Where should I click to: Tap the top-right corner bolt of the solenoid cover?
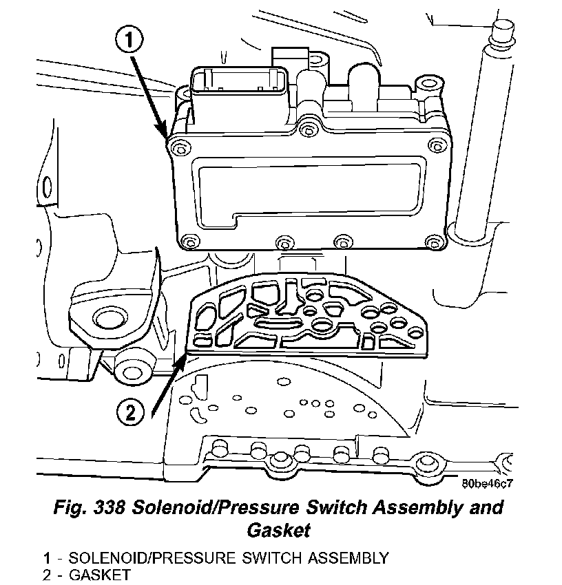pyautogui.click(x=434, y=144)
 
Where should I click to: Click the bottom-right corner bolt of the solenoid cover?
pyautogui.click(x=432, y=242)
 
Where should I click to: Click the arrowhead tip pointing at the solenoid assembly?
pyautogui.click(x=166, y=136)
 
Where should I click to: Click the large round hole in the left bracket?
pyautogui.click(x=107, y=319)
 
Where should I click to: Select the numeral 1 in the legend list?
pyautogui.click(x=45, y=557)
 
